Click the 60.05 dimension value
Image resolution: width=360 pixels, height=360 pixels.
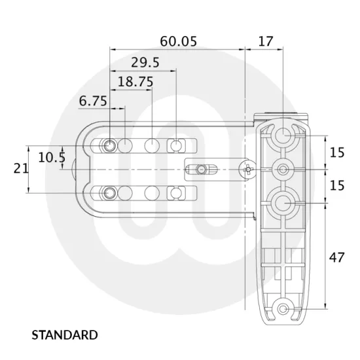[x=178, y=41]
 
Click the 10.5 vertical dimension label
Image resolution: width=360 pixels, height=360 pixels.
[x=51, y=157]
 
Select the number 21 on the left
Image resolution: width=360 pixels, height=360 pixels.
[x=21, y=168]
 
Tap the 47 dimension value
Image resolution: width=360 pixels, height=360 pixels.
[x=336, y=257]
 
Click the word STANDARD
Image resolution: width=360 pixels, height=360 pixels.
[x=65, y=335]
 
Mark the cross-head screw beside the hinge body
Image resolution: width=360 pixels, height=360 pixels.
[x=247, y=170]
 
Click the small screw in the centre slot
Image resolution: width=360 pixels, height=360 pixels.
[x=201, y=170]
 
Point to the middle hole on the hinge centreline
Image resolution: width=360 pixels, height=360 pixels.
[x=283, y=170]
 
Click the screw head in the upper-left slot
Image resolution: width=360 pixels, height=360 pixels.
[x=109, y=144]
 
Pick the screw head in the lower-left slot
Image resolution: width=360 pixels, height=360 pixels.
[x=109, y=192]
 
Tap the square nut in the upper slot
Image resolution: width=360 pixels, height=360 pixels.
[x=176, y=144]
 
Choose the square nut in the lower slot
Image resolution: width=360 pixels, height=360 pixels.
[x=176, y=192]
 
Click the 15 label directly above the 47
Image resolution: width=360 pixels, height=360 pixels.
[x=336, y=186]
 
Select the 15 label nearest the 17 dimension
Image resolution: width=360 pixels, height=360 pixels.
[x=336, y=153]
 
